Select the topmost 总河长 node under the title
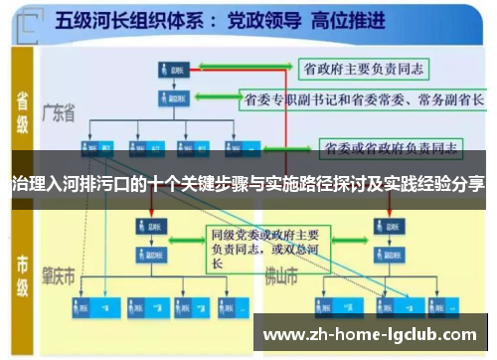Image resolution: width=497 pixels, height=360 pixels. (x=170, y=69)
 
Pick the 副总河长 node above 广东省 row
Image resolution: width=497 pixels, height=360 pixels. (x=170, y=98)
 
